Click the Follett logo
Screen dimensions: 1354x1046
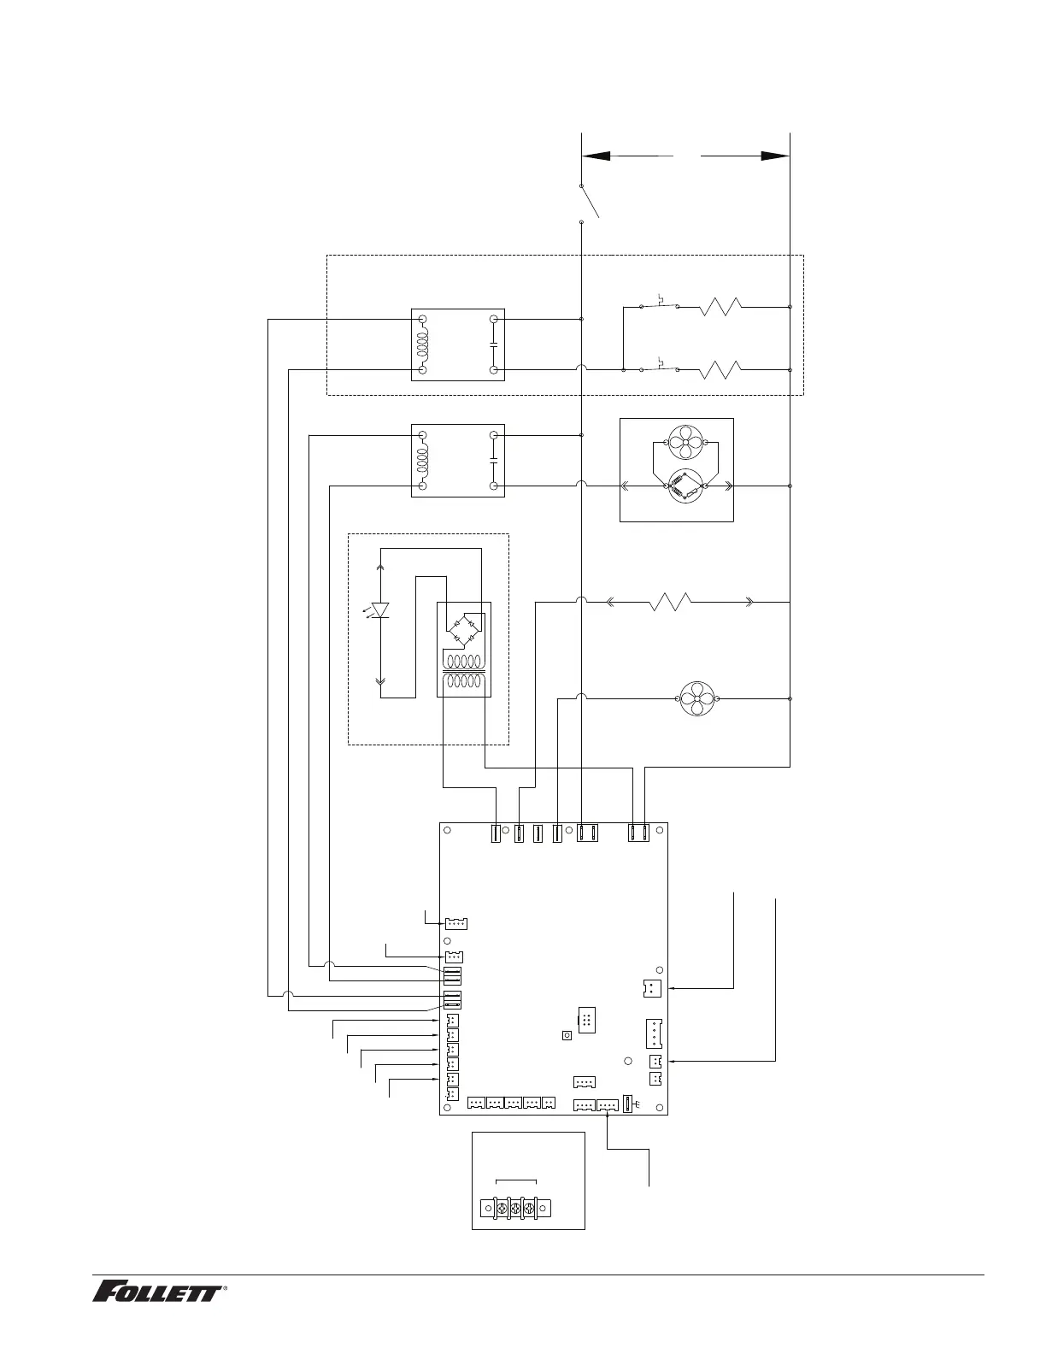159,1291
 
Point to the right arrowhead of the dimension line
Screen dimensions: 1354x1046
774,156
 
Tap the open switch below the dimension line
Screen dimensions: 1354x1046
589,203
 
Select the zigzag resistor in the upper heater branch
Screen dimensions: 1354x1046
721,306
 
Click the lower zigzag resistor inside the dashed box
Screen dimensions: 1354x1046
721,370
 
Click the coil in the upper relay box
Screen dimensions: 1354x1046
422,344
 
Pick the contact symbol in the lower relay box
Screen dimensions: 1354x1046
494,461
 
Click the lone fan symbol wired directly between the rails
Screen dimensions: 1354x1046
699,698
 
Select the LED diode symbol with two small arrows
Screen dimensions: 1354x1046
380,609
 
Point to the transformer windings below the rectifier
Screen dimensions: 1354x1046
464,672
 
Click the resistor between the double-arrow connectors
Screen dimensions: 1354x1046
671,602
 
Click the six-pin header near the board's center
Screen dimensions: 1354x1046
587,1020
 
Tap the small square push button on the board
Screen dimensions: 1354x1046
567,1036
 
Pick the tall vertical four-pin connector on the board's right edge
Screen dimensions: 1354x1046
654,1033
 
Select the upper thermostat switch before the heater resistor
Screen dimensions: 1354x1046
660,303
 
